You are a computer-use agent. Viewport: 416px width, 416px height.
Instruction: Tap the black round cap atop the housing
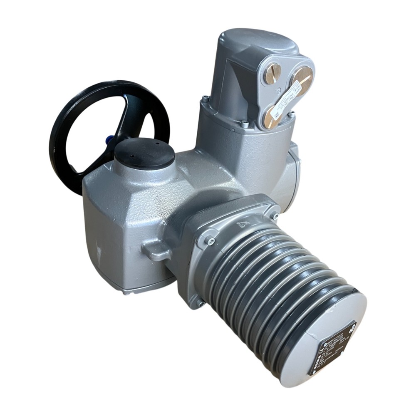pyautogui.click(x=144, y=154)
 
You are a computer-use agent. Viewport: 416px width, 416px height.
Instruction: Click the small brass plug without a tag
pyautogui.click(x=272, y=73)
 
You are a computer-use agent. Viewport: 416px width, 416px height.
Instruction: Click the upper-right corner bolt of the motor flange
pyautogui.click(x=275, y=216)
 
